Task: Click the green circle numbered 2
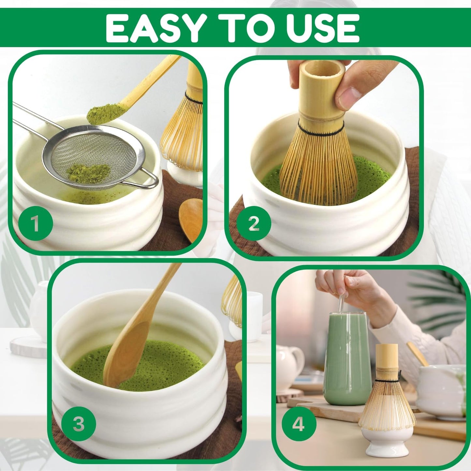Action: click(x=254, y=224)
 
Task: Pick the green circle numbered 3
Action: click(x=79, y=424)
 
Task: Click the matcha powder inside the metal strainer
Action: click(x=89, y=170)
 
